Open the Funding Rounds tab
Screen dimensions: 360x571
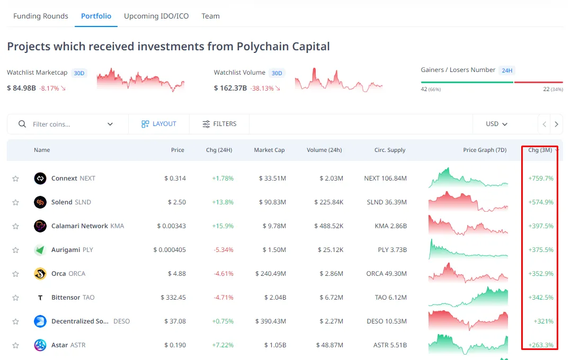coord(41,16)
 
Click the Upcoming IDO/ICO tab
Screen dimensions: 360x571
coord(156,16)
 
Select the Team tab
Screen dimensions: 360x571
coord(210,16)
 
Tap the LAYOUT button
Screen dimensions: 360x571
coord(159,124)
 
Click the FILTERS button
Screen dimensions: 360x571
coord(219,124)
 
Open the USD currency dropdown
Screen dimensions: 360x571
coord(496,124)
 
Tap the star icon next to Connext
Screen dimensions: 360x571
coord(15,178)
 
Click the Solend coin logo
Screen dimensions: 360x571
coord(40,202)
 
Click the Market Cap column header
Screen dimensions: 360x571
coord(269,150)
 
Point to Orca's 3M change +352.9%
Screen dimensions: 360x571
coord(541,274)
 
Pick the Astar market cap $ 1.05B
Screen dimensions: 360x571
coord(275,345)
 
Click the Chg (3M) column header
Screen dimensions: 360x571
coord(540,150)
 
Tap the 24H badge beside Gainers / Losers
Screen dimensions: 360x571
coord(507,70)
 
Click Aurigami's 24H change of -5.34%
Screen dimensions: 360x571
coord(223,250)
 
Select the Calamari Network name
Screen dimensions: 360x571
coord(79,226)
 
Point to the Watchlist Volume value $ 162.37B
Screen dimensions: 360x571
coord(230,88)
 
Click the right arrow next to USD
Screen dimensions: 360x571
coord(556,124)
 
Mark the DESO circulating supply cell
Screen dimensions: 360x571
coord(387,321)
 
